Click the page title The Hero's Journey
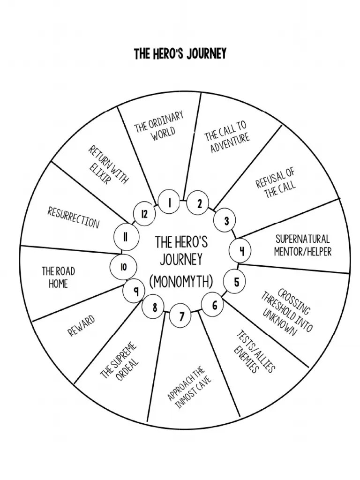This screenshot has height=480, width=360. pyautogui.click(x=180, y=54)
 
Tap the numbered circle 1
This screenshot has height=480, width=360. pyautogui.click(x=170, y=202)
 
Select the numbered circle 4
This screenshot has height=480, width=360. pyautogui.click(x=242, y=251)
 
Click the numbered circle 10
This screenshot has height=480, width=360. pyautogui.click(x=123, y=267)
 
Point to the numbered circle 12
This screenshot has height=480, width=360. pyautogui.click(x=144, y=214)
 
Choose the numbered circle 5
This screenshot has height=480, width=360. pyautogui.click(x=236, y=282)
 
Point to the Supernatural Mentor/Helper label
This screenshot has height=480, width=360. pyautogui.click(x=302, y=245)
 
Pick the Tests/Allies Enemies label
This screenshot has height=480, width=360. pyautogui.click(x=253, y=352)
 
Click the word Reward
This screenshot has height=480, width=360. pyautogui.click(x=82, y=325)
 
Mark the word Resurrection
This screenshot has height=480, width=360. pyautogui.click(x=73, y=217)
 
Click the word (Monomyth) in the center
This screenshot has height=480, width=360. pyautogui.click(x=181, y=282)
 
